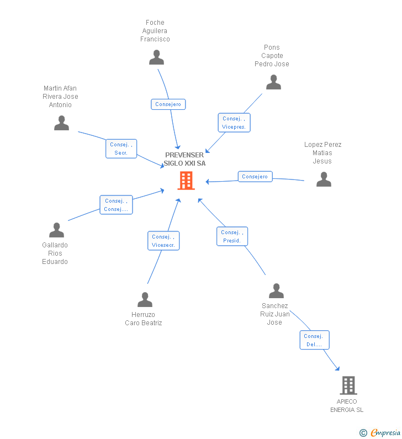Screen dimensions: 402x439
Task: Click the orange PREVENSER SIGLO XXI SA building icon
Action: (186, 181)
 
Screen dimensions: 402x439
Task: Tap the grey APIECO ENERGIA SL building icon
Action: (348, 385)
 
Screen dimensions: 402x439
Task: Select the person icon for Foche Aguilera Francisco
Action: (156, 57)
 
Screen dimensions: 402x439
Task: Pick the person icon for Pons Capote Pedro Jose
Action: (273, 82)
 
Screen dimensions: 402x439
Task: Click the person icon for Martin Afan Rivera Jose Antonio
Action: (62, 123)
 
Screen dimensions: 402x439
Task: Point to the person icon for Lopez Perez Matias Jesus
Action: (324, 179)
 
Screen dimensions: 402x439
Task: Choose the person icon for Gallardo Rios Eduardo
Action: (56, 230)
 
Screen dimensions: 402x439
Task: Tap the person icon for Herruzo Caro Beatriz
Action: (145, 300)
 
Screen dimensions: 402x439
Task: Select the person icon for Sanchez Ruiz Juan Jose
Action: (276, 290)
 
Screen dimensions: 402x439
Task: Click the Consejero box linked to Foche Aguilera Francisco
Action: (168, 104)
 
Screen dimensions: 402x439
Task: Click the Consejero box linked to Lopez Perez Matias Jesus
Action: (255, 176)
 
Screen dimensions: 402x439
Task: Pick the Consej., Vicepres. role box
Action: (234, 123)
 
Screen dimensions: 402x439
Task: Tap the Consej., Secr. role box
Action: (121, 149)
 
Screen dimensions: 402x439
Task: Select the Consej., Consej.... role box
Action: (116, 205)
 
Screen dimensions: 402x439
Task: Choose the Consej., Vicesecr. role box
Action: (163, 241)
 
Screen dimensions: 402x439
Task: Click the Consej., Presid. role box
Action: (232, 236)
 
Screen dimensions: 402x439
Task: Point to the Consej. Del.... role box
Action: (314, 340)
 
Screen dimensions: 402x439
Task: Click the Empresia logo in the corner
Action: (380, 432)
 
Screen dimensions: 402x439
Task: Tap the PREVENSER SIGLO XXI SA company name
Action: (184, 159)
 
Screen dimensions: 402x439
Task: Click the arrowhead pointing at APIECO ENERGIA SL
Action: (338, 368)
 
